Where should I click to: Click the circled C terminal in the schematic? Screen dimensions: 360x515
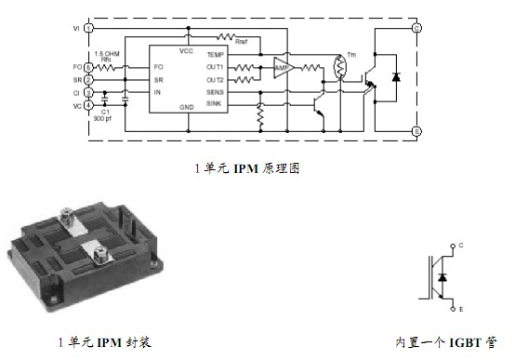pos(416,28)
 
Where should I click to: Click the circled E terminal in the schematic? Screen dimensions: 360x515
pos(416,131)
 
